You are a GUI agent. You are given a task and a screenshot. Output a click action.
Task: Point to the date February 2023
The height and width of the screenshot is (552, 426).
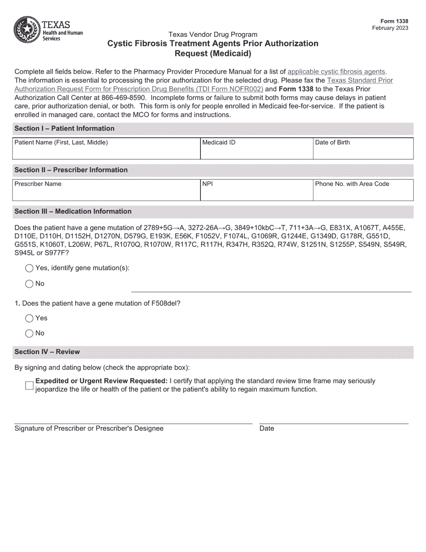pyautogui.click(x=390, y=28)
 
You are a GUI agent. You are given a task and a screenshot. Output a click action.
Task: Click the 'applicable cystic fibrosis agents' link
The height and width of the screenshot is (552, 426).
pyautogui.click(x=336, y=71)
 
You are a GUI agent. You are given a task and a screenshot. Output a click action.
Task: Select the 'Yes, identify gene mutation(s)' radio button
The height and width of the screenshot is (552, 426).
pyautogui.click(x=29, y=268)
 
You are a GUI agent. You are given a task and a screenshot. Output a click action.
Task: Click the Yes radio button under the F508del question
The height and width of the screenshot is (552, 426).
pyautogui.click(x=29, y=318)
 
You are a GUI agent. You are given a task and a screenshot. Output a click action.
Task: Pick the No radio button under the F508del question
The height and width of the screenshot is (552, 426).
pyautogui.click(x=29, y=333)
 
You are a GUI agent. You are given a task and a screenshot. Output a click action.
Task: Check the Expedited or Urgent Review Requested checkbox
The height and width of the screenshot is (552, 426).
pyautogui.click(x=30, y=386)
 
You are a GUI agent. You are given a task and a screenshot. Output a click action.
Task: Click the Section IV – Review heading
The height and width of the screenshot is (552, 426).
pyautogui.click(x=47, y=352)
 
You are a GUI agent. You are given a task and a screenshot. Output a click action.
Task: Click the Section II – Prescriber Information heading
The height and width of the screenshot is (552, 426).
pyautogui.click(x=71, y=170)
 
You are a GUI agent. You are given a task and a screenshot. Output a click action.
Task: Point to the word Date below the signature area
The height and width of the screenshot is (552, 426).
pyautogui.click(x=266, y=429)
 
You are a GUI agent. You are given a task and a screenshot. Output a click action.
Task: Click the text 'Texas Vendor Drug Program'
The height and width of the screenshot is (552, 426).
pyautogui.click(x=213, y=35)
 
